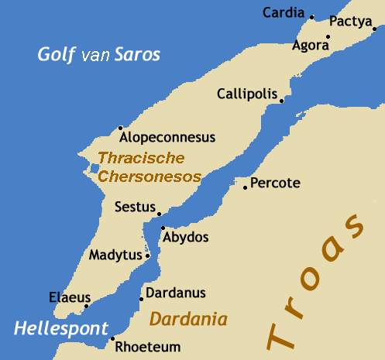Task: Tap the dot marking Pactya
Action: [x=375, y=29]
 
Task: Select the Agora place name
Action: [x=310, y=45]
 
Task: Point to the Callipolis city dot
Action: [x=281, y=100]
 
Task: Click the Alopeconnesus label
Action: [x=167, y=138]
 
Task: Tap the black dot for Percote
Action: [x=246, y=187]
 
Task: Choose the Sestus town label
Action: [x=133, y=207]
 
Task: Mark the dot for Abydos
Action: [x=163, y=228]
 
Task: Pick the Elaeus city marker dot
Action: [x=86, y=306]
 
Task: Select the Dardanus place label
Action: [x=176, y=293]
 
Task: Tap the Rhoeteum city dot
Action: [x=113, y=338]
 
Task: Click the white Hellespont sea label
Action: [x=60, y=328]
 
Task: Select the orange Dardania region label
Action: [x=188, y=318]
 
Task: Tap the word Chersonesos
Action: [x=150, y=176]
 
